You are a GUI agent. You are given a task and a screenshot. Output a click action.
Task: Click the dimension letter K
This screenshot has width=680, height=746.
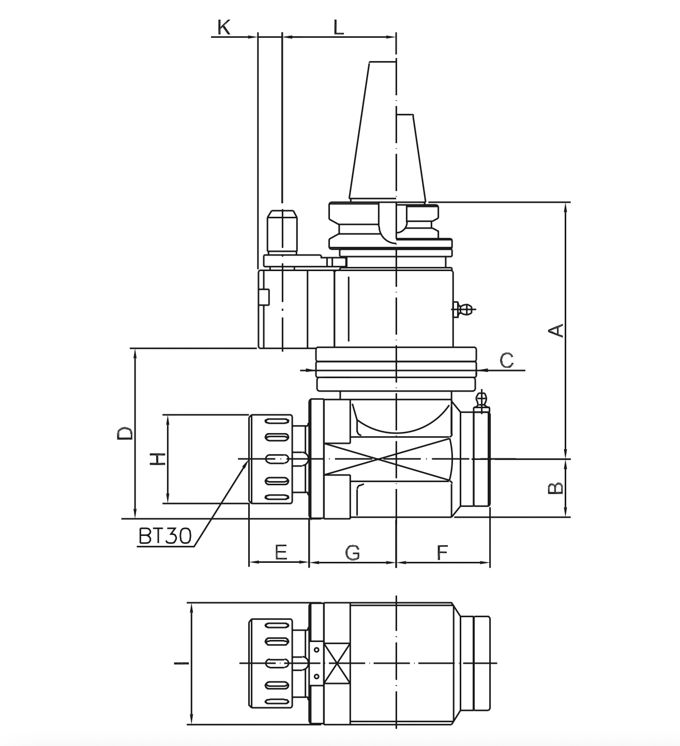[224, 27]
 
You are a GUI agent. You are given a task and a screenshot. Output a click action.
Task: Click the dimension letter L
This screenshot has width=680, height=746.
[338, 27]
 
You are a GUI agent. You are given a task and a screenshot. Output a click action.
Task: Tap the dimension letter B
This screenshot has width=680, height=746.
[556, 488]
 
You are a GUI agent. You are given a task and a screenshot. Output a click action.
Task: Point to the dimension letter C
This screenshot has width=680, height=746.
[507, 360]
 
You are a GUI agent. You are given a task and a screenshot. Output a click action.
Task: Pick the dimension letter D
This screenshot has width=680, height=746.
[125, 433]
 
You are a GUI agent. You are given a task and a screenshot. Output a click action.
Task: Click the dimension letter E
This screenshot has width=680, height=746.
[280, 552]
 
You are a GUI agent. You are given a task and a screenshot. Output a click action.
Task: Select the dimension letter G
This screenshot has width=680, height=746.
[352, 552]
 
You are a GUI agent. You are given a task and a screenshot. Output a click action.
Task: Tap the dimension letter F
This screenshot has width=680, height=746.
[442, 552]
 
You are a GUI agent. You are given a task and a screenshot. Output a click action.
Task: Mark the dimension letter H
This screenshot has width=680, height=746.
[157, 458]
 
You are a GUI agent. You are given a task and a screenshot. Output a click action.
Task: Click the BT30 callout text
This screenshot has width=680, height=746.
[165, 536]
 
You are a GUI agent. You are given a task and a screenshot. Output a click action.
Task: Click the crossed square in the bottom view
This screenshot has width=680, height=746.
[337, 663]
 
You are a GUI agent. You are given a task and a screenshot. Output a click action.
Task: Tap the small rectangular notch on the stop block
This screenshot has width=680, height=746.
[265, 297]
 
